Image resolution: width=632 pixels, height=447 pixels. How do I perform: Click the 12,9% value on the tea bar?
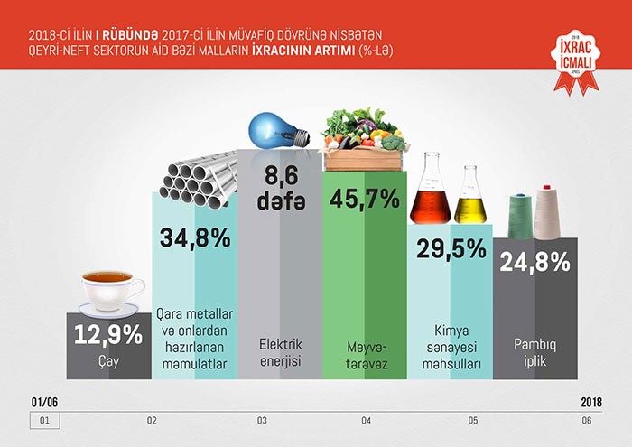[108, 335]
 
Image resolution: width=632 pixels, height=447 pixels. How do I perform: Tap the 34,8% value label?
[195, 238]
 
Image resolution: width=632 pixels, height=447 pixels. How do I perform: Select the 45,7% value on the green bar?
[365, 199]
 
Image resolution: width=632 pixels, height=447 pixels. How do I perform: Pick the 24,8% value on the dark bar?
[535, 263]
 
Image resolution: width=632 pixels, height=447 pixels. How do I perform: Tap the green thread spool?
[520, 216]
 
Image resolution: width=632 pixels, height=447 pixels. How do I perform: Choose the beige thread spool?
[548, 214]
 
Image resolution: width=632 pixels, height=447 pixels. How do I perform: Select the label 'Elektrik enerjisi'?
[280, 353]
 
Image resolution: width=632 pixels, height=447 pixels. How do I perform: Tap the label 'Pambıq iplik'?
[535, 353]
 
